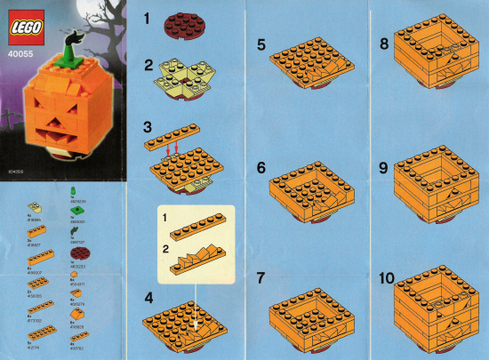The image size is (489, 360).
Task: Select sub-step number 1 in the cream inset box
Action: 164,217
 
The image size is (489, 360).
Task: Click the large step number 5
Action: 261,44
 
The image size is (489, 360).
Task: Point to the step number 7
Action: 261,278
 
